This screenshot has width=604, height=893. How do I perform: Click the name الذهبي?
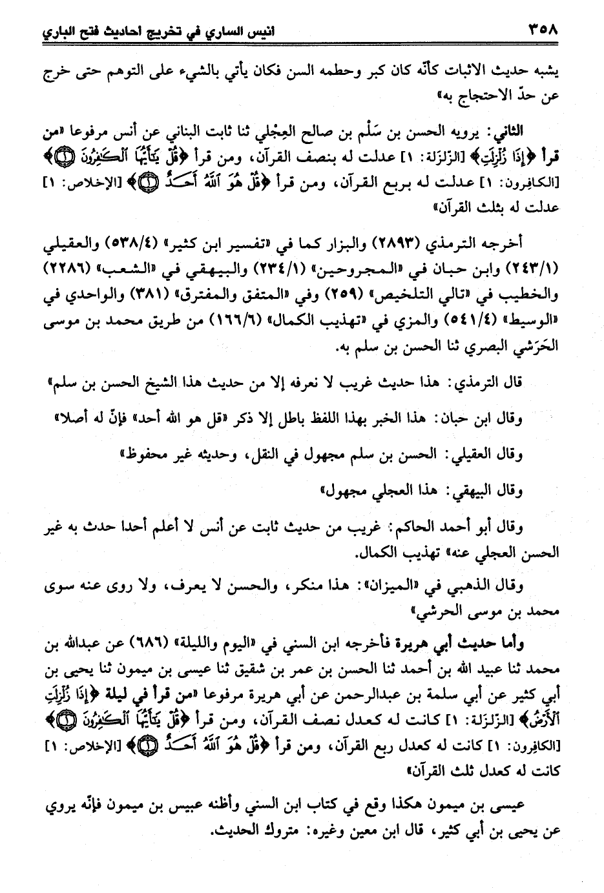pos(453,586)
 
